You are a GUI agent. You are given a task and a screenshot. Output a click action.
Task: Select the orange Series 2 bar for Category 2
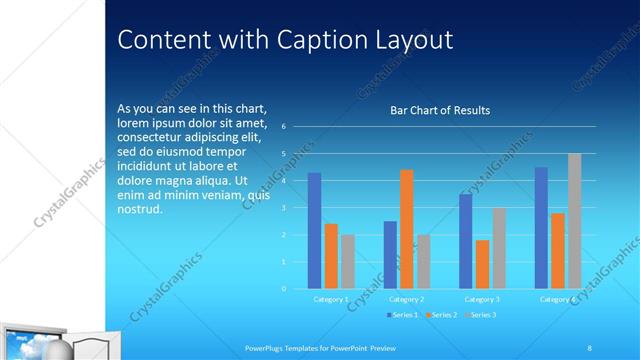[406, 229]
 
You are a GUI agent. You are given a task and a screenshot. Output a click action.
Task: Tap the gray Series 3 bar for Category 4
[574, 221]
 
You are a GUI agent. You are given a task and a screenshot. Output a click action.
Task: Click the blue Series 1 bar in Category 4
[541, 228]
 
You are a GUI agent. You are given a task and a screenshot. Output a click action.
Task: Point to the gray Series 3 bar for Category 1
[347, 262]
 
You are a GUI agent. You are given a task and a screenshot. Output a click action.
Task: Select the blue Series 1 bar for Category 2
[390, 255]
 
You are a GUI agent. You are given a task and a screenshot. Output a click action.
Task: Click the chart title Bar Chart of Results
[440, 110]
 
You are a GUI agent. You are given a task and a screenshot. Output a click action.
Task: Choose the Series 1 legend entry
[403, 315]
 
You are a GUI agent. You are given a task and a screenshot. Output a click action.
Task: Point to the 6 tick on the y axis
[284, 127]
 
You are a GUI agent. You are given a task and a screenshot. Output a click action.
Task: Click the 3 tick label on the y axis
[284, 208]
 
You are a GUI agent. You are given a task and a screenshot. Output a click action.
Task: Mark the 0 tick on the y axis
[284, 289]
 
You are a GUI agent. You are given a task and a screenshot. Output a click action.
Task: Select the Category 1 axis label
[331, 299]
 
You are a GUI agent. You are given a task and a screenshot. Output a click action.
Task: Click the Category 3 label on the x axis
[482, 299]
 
